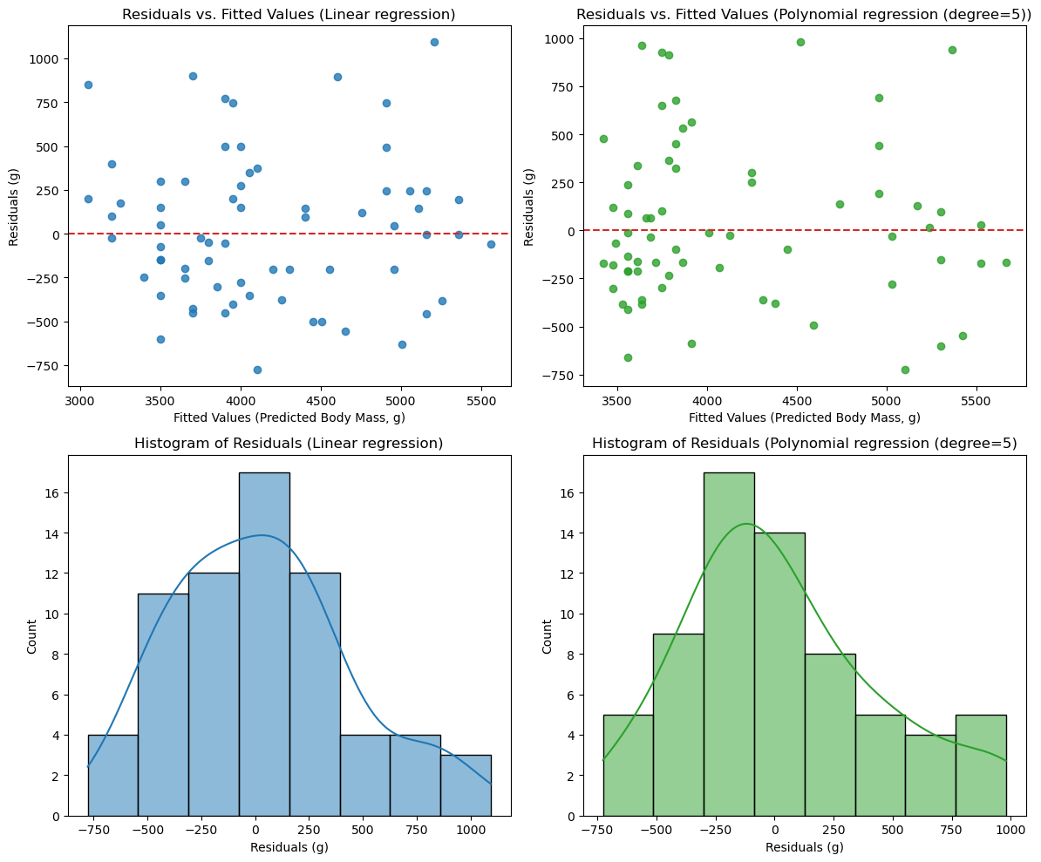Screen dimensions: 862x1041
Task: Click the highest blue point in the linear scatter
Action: coord(434,42)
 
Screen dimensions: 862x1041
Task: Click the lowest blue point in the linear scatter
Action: coord(257,370)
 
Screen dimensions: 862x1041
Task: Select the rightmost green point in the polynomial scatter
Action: coord(1006,262)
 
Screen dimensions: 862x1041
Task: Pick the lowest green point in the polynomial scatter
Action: coord(905,370)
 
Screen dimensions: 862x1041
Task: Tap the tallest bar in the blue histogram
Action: coord(264,644)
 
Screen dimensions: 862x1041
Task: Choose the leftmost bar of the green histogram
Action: coord(628,765)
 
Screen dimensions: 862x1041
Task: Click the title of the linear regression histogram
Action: coord(289,444)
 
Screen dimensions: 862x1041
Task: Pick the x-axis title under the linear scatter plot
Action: coord(289,417)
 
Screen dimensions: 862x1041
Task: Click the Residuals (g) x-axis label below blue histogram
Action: coord(289,847)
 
